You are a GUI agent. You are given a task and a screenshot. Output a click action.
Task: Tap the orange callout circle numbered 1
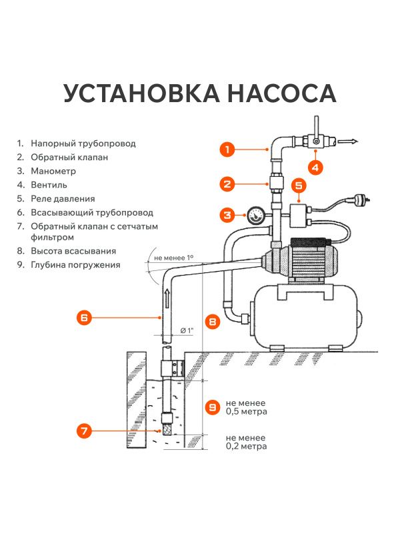pyautogui.click(x=227, y=150)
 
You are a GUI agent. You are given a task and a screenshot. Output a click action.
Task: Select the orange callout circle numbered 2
pyautogui.click(x=227, y=184)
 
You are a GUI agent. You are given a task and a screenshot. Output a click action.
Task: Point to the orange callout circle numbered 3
pyautogui.click(x=227, y=215)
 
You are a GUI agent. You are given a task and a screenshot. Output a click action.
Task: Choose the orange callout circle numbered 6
pyautogui.click(x=83, y=318)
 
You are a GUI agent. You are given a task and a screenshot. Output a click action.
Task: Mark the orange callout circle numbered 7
pyautogui.click(x=83, y=431)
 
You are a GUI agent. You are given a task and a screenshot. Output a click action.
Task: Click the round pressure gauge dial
pyautogui.click(x=255, y=215)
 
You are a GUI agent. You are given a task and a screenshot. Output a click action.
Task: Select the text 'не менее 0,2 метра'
pyautogui.click(x=246, y=442)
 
